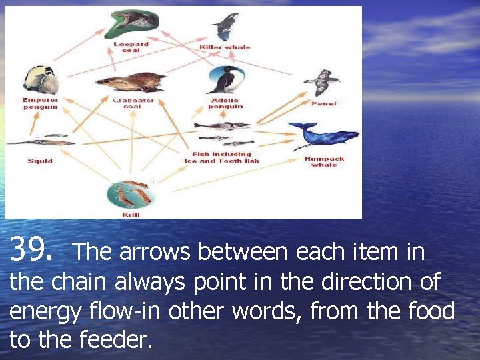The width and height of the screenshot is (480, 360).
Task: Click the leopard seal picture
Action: pos(135,21)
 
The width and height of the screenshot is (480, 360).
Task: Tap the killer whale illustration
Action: pos(224,25)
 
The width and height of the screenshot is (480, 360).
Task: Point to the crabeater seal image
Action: pos(131,82)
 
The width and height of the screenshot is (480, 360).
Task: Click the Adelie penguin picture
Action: pos(225,80)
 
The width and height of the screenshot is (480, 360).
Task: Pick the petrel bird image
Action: pos(322,83)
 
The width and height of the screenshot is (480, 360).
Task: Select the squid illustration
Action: pos(40,141)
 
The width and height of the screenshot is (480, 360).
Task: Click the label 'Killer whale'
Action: pos(225,47)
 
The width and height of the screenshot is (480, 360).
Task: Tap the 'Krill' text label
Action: pos(131,215)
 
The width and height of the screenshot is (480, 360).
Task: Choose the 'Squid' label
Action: pos(40,161)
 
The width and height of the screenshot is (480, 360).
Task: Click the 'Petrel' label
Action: pos(323,103)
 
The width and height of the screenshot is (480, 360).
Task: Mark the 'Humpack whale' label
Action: pos(324,161)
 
